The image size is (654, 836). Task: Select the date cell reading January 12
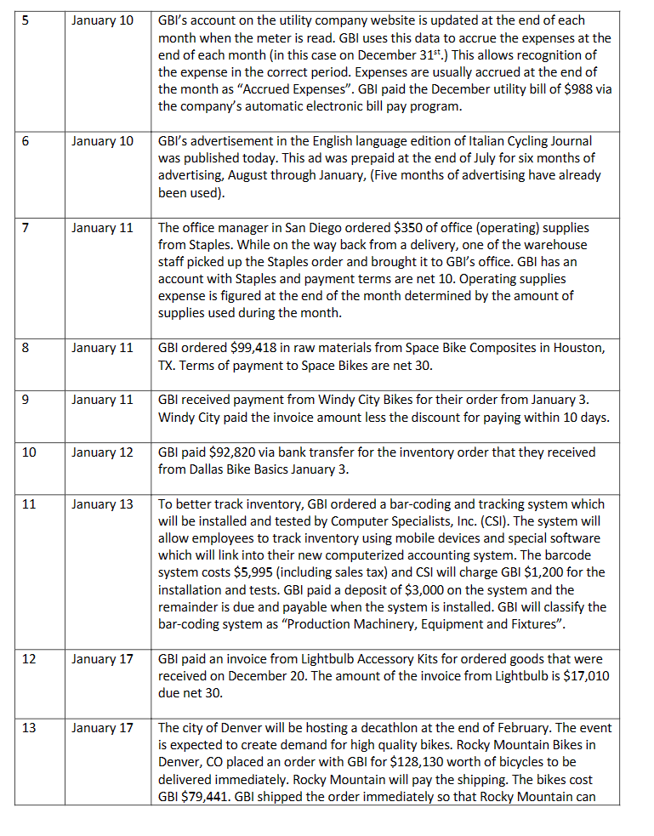click(102, 452)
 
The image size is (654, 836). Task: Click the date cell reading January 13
click(102, 504)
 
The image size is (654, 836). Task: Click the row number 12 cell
click(29, 659)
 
